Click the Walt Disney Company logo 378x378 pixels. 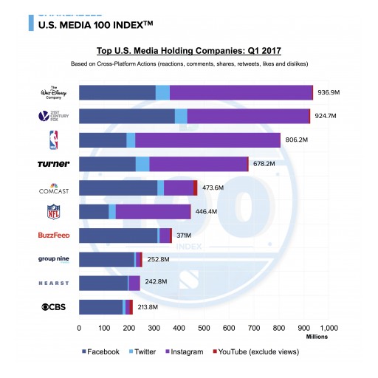[55, 92]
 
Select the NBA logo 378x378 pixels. [54, 140]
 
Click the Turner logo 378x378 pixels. [53, 164]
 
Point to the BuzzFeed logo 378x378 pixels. [53, 236]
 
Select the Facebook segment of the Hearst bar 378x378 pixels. [103, 283]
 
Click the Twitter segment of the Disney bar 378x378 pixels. [162, 92]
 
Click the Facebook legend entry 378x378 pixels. [99, 351]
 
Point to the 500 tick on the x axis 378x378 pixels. [204, 327]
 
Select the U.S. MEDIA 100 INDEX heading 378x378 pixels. [96, 24]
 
